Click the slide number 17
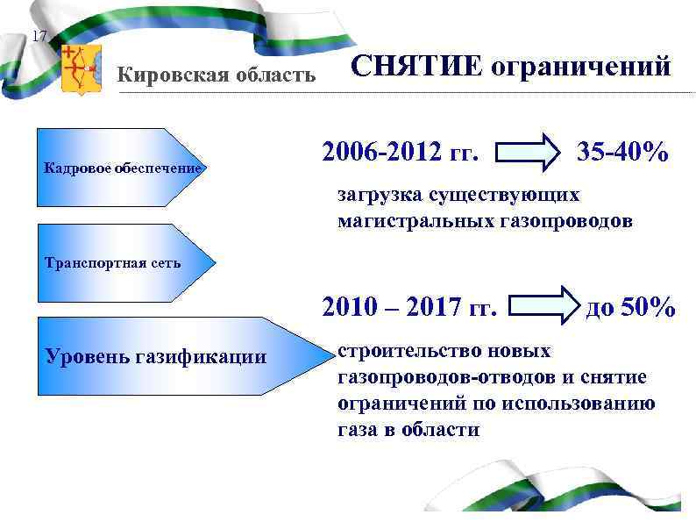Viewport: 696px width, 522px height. (x=38, y=37)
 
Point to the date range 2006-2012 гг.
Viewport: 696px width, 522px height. (x=401, y=154)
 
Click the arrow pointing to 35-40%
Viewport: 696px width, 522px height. (x=530, y=153)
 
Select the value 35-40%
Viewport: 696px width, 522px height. (x=622, y=153)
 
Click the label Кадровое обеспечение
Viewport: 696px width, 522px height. (x=123, y=168)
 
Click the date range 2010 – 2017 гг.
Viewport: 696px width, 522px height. (x=409, y=308)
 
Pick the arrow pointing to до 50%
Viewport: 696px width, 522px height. (x=546, y=308)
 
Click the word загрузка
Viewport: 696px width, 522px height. (x=380, y=195)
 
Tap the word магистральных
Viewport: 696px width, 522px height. (x=408, y=221)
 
